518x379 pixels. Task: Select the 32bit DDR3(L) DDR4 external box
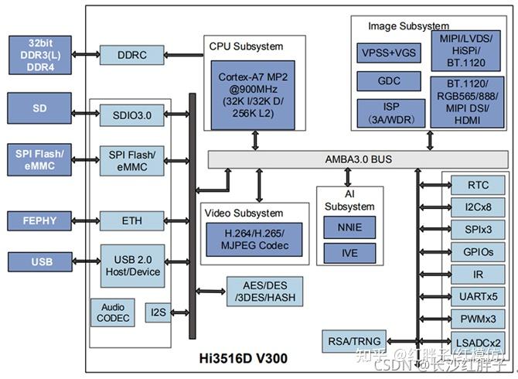(40, 54)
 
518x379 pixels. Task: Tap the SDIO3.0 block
(132, 116)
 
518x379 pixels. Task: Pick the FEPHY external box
(40, 220)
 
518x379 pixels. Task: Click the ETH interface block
(132, 220)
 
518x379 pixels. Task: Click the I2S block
(158, 312)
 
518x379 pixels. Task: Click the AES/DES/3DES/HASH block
(262, 292)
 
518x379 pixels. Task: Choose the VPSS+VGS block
(389, 53)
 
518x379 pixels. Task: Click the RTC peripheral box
(479, 186)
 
